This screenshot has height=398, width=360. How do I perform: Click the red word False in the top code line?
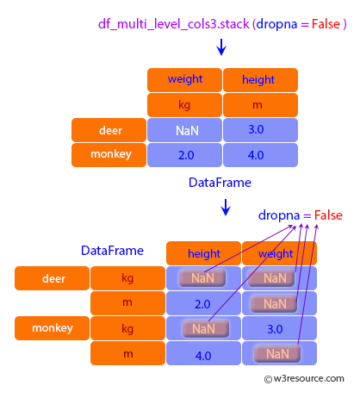(x=326, y=24)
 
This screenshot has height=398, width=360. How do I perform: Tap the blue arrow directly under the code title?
(x=221, y=47)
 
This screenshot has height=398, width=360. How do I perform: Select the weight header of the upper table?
(x=184, y=80)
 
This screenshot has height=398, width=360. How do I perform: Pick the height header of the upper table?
(x=260, y=80)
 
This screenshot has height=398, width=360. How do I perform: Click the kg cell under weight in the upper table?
(x=184, y=105)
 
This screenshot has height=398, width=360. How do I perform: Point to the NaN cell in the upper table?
(x=184, y=130)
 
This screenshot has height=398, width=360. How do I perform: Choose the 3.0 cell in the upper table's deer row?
(x=260, y=130)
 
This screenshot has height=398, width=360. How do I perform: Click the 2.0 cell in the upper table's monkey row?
(x=184, y=155)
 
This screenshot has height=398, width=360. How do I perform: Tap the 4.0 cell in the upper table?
(x=260, y=155)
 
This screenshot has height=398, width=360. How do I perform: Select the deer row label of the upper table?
(x=109, y=130)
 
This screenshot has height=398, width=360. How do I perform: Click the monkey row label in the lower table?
(x=52, y=328)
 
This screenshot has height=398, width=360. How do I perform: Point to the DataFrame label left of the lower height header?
(x=112, y=251)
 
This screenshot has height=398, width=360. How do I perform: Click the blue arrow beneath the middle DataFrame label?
(x=226, y=208)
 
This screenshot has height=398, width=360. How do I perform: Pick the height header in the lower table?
(x=203, y=253)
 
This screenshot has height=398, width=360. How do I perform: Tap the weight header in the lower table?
(x=279, y=253)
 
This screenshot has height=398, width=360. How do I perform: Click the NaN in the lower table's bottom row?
(x=277, y=354)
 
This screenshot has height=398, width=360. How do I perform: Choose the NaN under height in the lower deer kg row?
(x=202, y=278)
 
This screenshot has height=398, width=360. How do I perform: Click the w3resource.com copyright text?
(x=304, y=379)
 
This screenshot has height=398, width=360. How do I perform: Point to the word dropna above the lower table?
(x=279, y=215)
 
